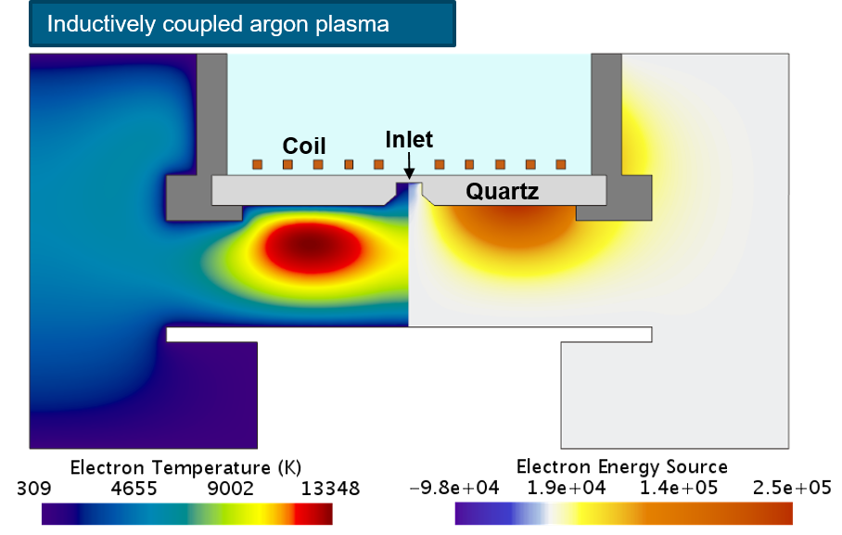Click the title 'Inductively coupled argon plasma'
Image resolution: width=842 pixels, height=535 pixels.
pyautogui.click(x=218, y=24)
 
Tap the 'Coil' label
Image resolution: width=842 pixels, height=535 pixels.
pyautogui.click(x=304, y=146)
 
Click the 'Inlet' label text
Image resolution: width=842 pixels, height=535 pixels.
pyautogui.click(x=409, y=140)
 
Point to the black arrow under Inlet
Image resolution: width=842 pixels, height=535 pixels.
pyautogui.click(x=409, y=165)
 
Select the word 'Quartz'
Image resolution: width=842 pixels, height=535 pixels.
pyautogui.click(x=502, y=192)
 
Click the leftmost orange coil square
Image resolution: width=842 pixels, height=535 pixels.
pyautogui.click(x=257, y=164)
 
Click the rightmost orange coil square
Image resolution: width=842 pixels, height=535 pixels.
pyautogui.click(x=561, y=164)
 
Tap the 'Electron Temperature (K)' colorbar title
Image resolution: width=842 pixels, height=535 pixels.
pyautogui.click(x=185, y=467)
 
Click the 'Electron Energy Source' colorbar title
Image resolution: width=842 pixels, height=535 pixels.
pyautogui.click(x=622, y=466)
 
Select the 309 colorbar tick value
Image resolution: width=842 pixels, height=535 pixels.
pyautogui.click(x=33, y=489)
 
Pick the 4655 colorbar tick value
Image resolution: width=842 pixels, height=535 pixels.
pyautogui.click(x=134, y=489)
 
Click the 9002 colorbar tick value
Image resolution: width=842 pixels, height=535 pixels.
pyautogui.click(x=230, y=489)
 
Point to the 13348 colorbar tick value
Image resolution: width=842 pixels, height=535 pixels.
pyautogui.click(x=330, y=489)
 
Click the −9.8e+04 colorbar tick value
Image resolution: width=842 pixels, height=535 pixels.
pyautogui.click(x=454, y=488)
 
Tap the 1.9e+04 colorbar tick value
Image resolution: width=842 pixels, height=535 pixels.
pyautogui.click(x=566, y=488)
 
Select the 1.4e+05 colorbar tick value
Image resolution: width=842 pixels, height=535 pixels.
pyautogui.click(x=679, y=488)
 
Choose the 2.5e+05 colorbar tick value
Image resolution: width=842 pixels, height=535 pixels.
pyautogui.click(x=792, y=488)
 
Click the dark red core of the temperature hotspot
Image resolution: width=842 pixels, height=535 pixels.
pyautogui.click(x=312, y=247)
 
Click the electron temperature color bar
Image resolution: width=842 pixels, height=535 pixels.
pyautogui.click(x=187, y=514)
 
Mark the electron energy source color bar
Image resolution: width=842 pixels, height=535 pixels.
pyautogui.click(x=623, y=514)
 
